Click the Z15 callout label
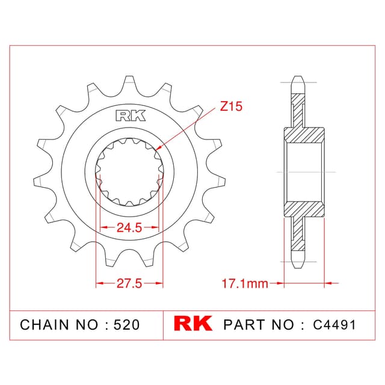pos(231,106)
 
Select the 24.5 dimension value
pos(129,227)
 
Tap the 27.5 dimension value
pos(129,283)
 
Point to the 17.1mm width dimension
pos(245,283)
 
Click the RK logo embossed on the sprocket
pos(131,116)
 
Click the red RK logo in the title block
pos(193,324)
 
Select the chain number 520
pos(127,325)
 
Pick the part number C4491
pos(334,325)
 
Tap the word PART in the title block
pos(245,325)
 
